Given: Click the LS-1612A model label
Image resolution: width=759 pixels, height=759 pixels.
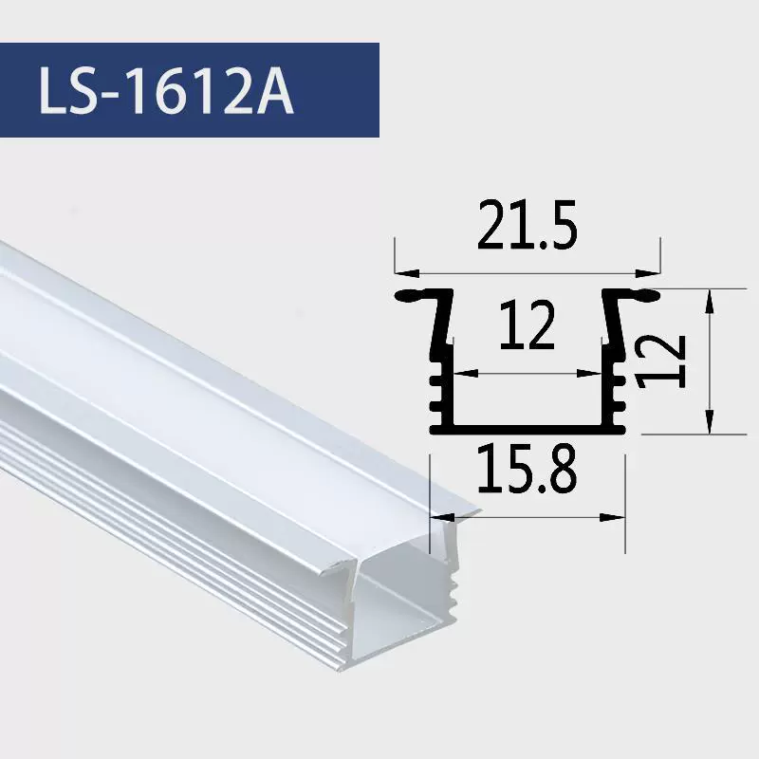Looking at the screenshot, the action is coord(166,90).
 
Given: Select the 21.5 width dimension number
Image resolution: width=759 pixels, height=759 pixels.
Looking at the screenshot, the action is coord(528,225).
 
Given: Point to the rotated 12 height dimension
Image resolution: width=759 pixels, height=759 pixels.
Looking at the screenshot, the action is coord(661,362).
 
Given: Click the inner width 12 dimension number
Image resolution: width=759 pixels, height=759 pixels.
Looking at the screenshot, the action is coord(528,324).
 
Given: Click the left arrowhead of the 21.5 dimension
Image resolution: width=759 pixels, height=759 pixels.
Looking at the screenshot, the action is coord(408,273).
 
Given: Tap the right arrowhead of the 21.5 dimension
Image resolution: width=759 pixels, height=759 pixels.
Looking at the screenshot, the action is coord(648,273).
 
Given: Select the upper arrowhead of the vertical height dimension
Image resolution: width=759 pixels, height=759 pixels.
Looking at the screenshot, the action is coord(709,302).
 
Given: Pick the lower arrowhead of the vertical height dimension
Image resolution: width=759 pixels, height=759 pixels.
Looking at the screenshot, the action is coord(709,421).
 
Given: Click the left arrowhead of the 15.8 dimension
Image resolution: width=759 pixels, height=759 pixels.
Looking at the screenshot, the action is coord(442,517).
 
